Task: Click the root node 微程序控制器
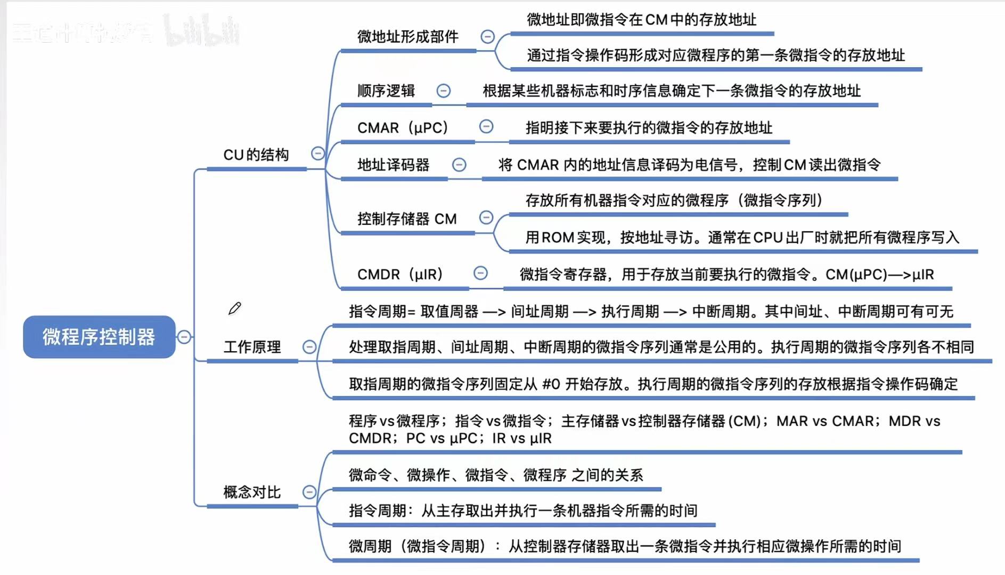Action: (99, 337)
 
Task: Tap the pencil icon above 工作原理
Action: (234, 309)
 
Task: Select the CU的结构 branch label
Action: (256, 155)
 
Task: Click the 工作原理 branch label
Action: (252, 347)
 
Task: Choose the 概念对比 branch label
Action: (252, 492)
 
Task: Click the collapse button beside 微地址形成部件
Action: (487, 37)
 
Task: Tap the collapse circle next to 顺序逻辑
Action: (443, 91)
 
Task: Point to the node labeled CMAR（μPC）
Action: (403, 128)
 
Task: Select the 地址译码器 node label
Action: (393, 165)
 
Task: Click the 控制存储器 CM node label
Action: (407, 219)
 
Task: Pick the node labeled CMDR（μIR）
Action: (400, 274)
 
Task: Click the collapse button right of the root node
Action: (184, 337)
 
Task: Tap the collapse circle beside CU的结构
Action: (317, 154)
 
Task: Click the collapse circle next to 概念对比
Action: (309, 492)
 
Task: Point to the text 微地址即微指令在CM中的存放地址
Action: (641, 20)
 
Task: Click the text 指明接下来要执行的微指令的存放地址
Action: (649, 128)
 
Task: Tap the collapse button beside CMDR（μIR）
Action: (480, 273)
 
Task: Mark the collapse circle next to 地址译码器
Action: (459, 165)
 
